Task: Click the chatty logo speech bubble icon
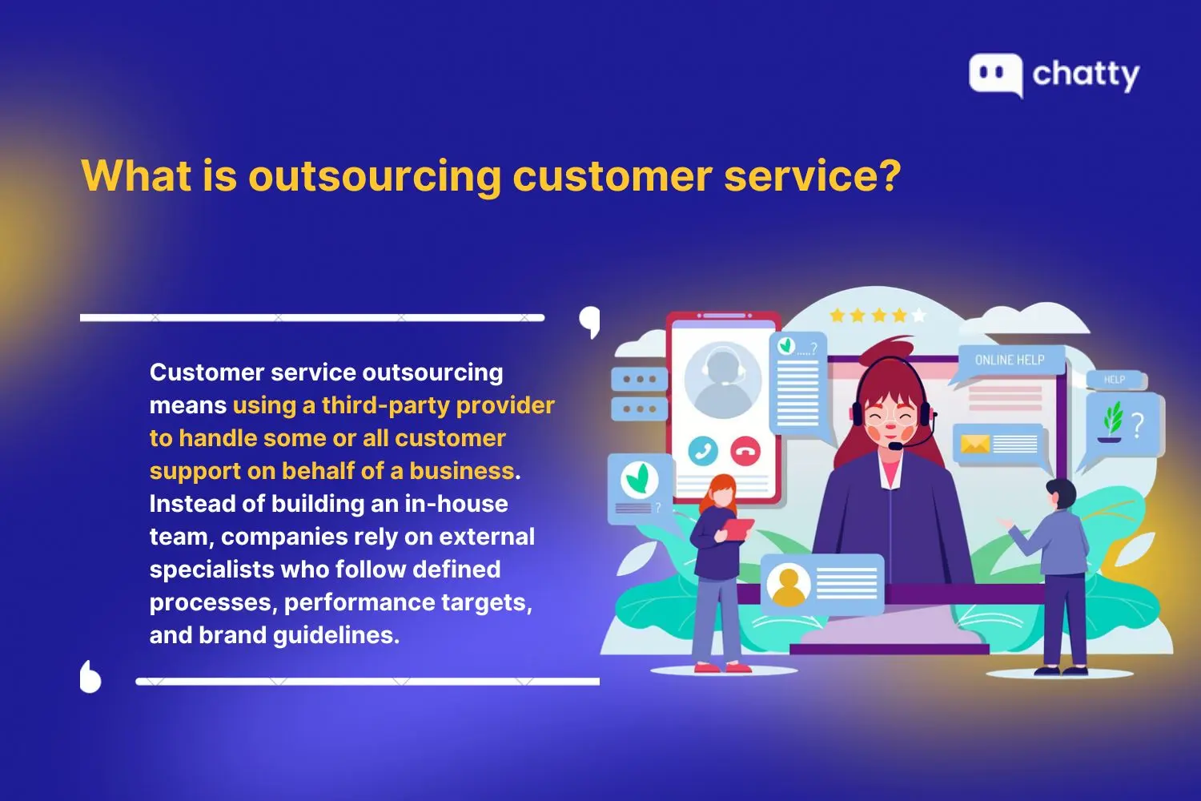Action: pos(995,74)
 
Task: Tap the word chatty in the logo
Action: pos(1086,74)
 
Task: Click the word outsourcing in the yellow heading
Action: pos(375,175)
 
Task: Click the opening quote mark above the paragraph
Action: pos(590,321)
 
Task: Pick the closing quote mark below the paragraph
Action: pos(90,677)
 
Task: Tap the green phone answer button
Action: pos(703,451)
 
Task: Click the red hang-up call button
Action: pos(745,451)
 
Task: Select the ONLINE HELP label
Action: pos(1010,360)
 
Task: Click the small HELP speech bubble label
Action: pos(1115,380)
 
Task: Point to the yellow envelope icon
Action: pos(974,444)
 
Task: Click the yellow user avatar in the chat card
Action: pos(788,585)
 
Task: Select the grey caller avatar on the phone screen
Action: pos(722,380)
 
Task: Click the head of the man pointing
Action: pos(1061,493)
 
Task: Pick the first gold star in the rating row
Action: pos(837,316)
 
